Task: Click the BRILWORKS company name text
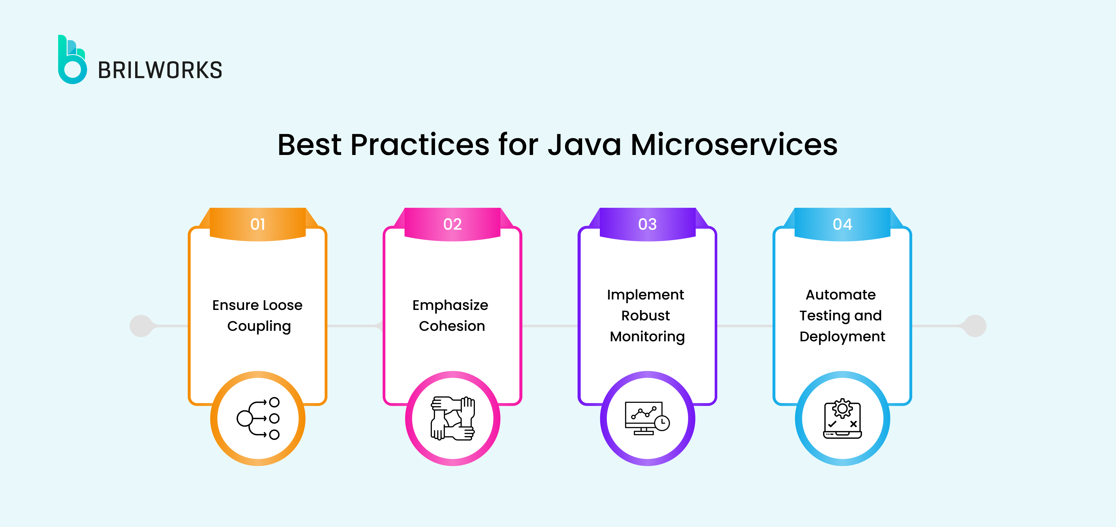tap(160, 71)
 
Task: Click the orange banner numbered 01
tap(258, 224)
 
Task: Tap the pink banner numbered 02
tap(452, 224)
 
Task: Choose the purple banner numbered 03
tap(647, 224)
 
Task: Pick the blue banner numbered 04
tap(842, 224)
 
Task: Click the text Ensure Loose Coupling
tap(258, 315)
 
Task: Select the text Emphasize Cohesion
tap(451, 315)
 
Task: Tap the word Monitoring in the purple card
tap(647, 337)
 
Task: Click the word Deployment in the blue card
tap(842, 337)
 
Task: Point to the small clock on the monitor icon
tap(662, 423)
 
